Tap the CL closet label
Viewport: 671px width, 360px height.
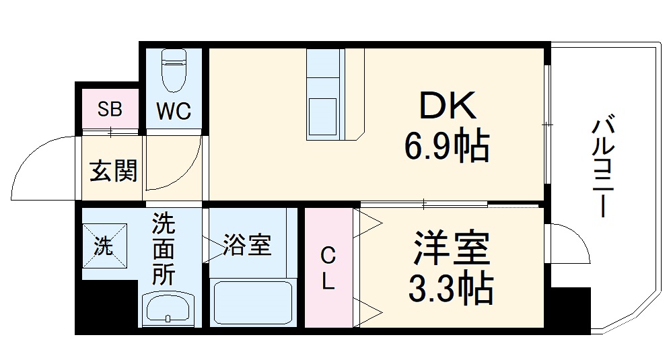tap(328, 268)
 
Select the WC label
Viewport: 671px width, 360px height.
tap(174, 110)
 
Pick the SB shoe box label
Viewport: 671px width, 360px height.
tap(109, 109)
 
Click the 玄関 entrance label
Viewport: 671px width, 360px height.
tap(113, 171)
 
